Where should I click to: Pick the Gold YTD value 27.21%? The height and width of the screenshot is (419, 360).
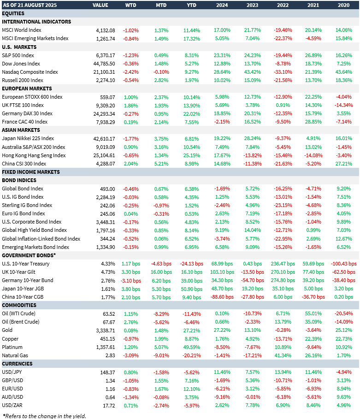coord(192,330)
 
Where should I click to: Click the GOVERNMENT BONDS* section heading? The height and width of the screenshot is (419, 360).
coord(29,255)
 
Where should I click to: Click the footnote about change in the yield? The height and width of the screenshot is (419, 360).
coord(44,415)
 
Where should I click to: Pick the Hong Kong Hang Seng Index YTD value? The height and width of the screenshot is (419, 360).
coord(192,155)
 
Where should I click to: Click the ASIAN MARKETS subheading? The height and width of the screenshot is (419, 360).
coord(21,130)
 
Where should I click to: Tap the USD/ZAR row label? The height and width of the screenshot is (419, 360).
coord(13,405)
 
